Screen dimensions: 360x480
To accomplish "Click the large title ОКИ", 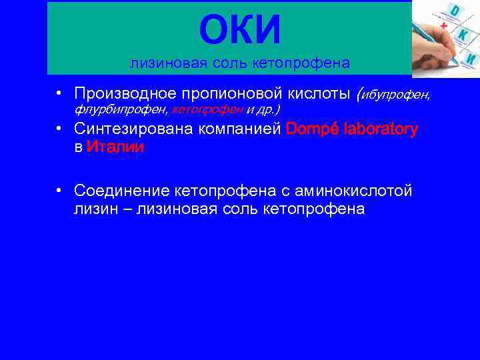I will (240, 30).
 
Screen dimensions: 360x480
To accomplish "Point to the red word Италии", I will (115, 148).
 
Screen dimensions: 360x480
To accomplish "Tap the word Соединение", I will (122, 191).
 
